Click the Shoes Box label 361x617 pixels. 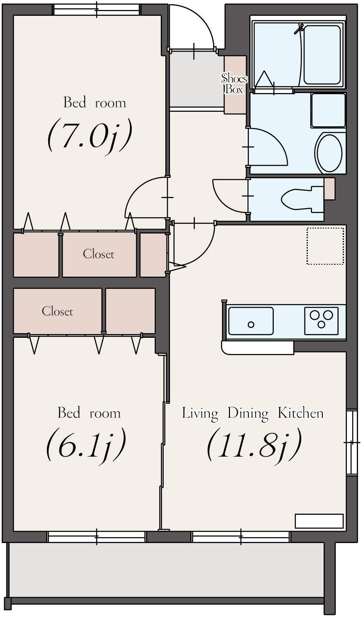[234, 84]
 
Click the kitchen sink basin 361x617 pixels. [251, 321]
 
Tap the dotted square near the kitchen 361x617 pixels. [325, 246]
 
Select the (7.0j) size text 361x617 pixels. [90, 135]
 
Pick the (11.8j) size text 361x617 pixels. [253, 445]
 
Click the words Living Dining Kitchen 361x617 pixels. [253, 413]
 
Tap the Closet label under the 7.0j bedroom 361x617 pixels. [98, 254]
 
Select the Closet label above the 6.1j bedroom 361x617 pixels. [57, 311]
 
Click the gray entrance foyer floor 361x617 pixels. [196, 79]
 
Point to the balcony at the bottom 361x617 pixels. [166, 569]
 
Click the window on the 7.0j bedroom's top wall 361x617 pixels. [96, 10]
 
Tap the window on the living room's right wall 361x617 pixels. [351, 442]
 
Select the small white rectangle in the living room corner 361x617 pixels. [319, 521]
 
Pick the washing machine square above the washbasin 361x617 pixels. [328, 110]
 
